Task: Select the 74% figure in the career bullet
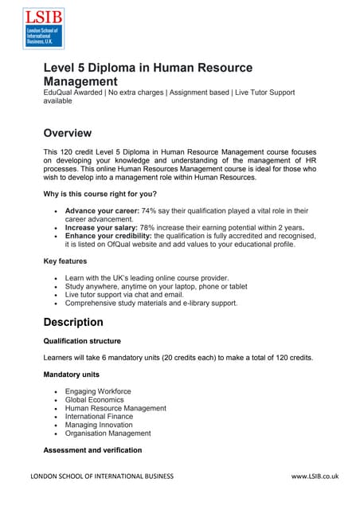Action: pos(149,210)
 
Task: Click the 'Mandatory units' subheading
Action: pos(74,375)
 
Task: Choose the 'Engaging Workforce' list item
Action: pos(98,391)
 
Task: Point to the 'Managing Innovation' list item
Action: pos(100,425)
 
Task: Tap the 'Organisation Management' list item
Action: pos(108,433)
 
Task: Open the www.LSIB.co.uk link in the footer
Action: pos(315,476)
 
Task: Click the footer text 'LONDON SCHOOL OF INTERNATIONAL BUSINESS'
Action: pos(101,476)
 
